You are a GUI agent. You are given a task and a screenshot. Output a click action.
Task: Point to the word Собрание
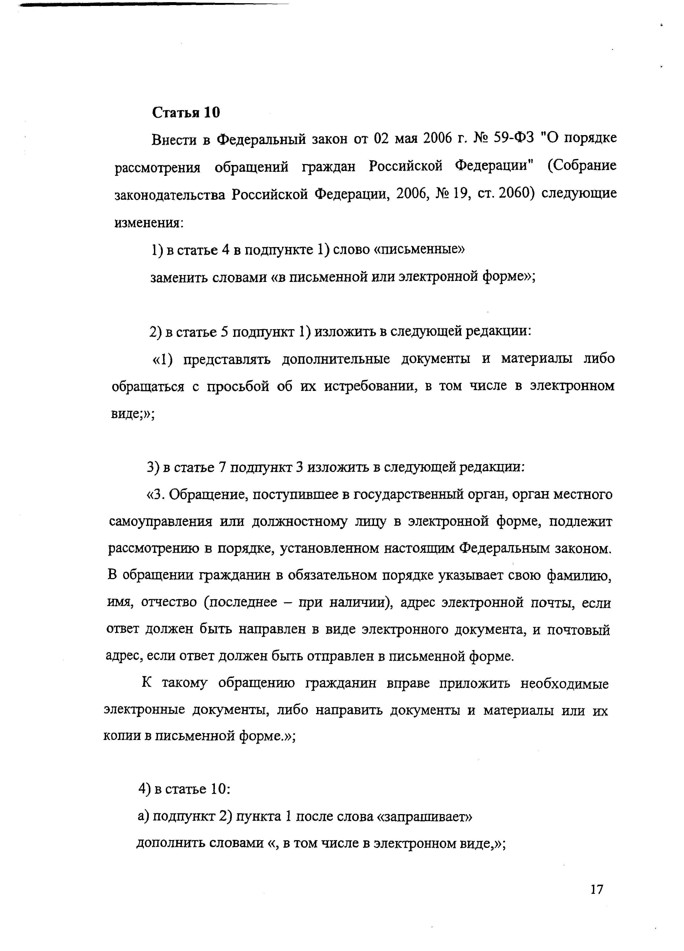(582, 166)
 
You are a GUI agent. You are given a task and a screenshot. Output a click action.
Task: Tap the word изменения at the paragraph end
(149, 222)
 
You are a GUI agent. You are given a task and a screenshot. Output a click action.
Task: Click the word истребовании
(370, 386)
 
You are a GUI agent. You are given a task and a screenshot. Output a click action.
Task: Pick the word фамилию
(579, 576)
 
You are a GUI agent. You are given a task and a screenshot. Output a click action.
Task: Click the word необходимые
(564, 684)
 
